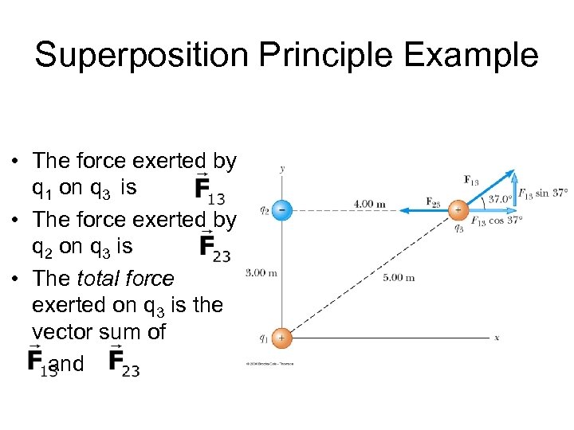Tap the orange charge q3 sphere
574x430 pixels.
(x=458, y=210)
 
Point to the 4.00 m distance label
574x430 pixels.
(x=370, y=205)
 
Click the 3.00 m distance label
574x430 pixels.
(x=261, y=273)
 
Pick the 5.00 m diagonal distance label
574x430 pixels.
(x=399, y=278)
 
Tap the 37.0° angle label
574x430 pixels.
(x=500, y=199)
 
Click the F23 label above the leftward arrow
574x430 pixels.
(x=434, y=201)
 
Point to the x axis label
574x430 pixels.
(x=497, y=338)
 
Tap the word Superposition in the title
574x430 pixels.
(x=131, y=56)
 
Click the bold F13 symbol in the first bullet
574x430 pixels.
(x=210, y=190)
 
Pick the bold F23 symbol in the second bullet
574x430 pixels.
(x=214, y=247)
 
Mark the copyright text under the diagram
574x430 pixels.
(x=269, y=364)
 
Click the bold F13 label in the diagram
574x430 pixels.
(x=470, y=180)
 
